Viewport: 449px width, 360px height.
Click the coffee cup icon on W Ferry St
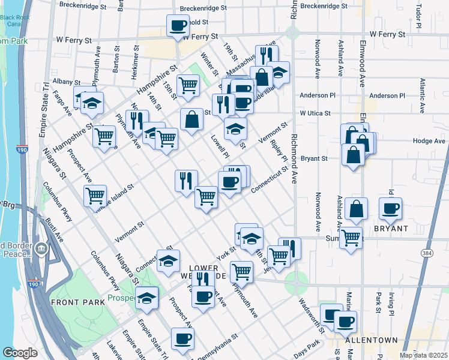tap(178, 26)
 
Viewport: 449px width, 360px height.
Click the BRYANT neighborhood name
tap(392, 229)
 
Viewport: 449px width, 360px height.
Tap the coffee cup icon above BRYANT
tap(391, 208)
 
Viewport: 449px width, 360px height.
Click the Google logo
tap(20, 353)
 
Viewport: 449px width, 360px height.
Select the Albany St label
tap(66, 82)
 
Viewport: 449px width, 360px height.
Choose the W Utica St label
tap(316, 113)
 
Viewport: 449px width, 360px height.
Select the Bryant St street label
tap(314, 159)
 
